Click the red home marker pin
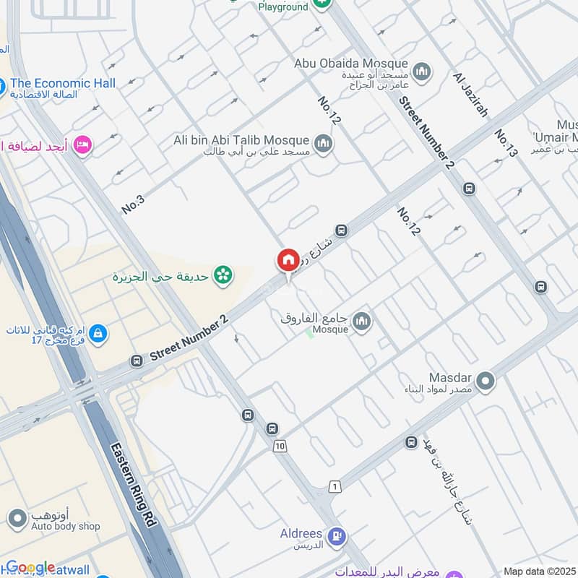[288, 261]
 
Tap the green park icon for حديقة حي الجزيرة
[223, 275]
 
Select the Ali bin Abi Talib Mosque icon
[324, 141]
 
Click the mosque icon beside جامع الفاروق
[361, 322]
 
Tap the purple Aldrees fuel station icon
[337, 536]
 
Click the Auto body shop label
[65, 526]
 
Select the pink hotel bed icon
[84, 146]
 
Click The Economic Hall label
[63, 83]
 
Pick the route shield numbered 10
[280, 447]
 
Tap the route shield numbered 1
[335, 488]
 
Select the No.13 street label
[506, 143]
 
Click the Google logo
[30, 567]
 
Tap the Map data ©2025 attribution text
[539, 571]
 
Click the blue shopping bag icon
[99, 334]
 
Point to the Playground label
[284, 7]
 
